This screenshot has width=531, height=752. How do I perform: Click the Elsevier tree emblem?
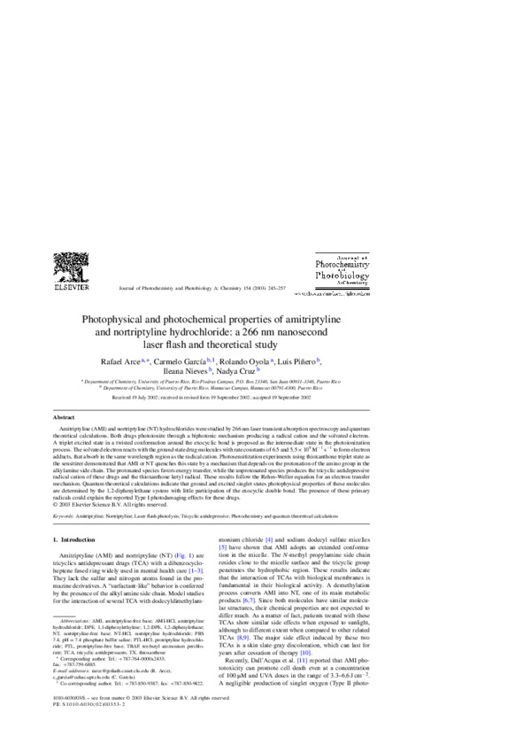click(71, 267)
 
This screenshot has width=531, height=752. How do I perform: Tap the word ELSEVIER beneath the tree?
click(71, 288)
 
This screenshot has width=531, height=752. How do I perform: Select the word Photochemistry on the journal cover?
click(342, 265)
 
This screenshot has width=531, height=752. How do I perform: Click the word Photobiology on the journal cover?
click(342, 276)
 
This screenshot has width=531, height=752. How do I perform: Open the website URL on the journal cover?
click(332, 293)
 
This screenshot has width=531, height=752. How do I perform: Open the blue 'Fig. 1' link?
click(183, 556)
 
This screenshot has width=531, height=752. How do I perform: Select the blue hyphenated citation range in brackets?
click(196, 571)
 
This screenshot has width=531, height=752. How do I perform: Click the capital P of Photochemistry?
click(319, 265)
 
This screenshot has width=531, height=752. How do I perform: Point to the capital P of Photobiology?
click(319, 276)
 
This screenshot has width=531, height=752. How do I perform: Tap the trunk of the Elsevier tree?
click(71, 276)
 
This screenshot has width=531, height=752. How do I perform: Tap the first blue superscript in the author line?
click(145, 360)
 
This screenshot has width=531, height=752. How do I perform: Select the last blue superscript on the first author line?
click(318, 360)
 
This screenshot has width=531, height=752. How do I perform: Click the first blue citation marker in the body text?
click(269, 540)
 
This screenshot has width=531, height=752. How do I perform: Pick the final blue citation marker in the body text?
click(302, 661)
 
